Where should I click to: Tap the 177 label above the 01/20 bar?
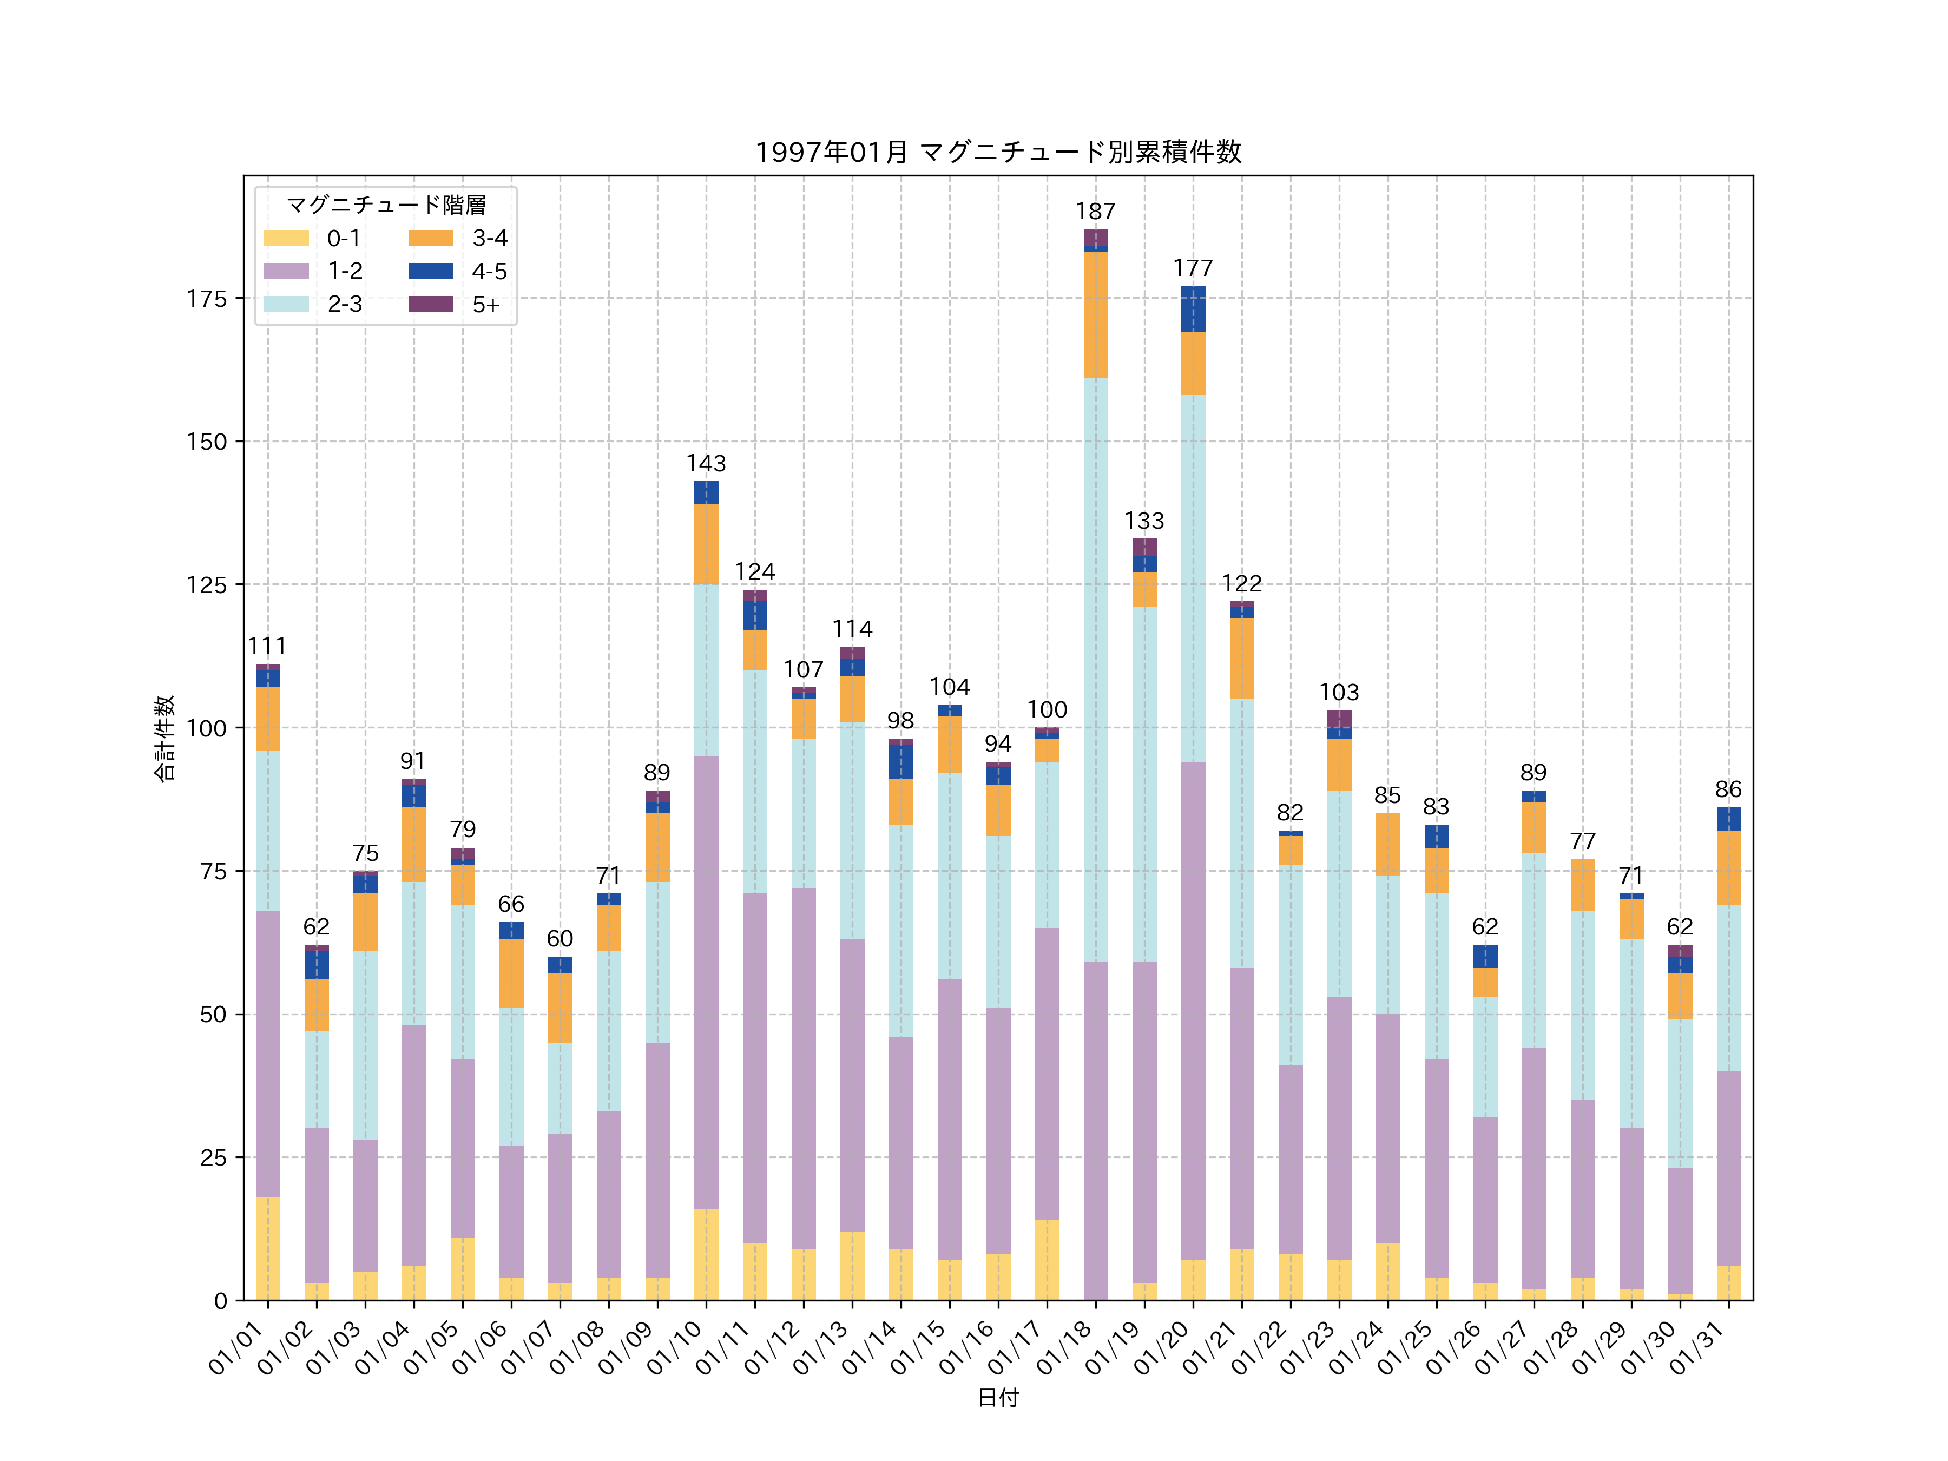pyautogui.click(x=1193, y=268)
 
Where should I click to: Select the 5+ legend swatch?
pyautogui.click(x=431, y=304)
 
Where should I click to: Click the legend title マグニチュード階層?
pyautogui.click(x=386, y=205)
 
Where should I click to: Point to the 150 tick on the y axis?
pyautogui.click(x=207, y=441)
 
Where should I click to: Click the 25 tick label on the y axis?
pyautogui.click(x=213, y=1157)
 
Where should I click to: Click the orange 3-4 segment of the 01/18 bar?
pyautogui.click(x=1096, y=314)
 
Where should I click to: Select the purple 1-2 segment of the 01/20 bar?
pyautogui.click(x=1193, y=1010)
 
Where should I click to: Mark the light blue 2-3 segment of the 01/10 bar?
pyautogui.click(x=706, y=669)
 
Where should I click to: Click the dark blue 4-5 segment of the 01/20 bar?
pyautogui.click(x=1193, y=309)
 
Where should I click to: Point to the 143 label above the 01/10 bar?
pyautogui.click(x=706, y=463)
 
